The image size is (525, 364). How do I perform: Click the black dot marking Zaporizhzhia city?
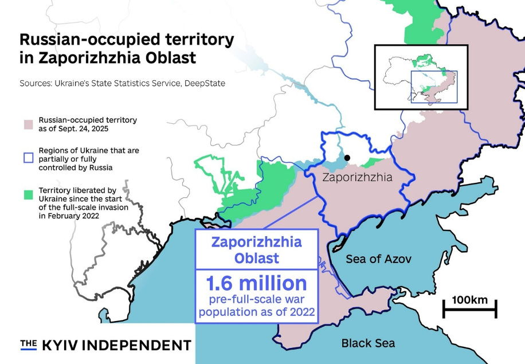tap(347, 158)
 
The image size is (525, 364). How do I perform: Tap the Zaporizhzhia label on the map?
tap(357, 177)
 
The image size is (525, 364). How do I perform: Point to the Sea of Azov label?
tap(378, 259)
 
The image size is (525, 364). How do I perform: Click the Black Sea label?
tap(368, 343)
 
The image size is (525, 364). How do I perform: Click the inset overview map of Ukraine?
tap(421, 77)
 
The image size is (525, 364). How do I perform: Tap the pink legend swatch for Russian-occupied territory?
tap(28, 124)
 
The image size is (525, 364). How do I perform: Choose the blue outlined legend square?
tap(28, 155)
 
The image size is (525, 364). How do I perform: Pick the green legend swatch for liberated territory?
tap(28, 195)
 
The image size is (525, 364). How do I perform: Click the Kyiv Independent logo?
tap(105, 345)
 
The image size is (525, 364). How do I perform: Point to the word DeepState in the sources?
tap(205, 83)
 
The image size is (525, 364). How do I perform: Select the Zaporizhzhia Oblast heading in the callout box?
tap(256, 249)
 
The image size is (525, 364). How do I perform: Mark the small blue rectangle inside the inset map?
tap(434, 87)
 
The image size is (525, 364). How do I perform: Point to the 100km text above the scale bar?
tap(469, 300)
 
